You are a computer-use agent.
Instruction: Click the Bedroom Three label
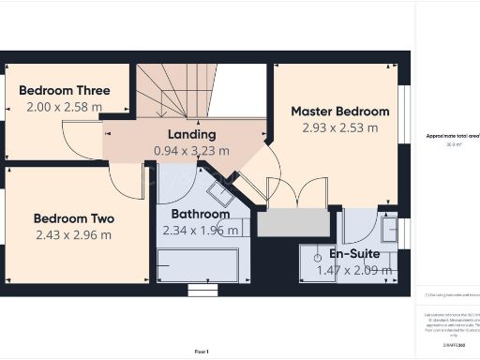point(65,91)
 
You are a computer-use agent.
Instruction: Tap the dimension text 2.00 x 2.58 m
point(64,107)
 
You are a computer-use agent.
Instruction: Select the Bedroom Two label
point(74,218)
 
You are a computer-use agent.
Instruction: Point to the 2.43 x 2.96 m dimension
point(74,234)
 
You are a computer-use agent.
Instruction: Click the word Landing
point(191,134)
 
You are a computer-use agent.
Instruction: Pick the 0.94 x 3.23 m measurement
point(191,150)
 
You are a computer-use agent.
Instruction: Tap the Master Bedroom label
point(339,112)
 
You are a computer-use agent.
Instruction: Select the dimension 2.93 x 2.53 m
point(339,127)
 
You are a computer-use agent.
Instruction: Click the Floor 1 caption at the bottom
point(202,351)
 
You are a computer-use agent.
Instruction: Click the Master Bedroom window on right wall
point(404,112)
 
